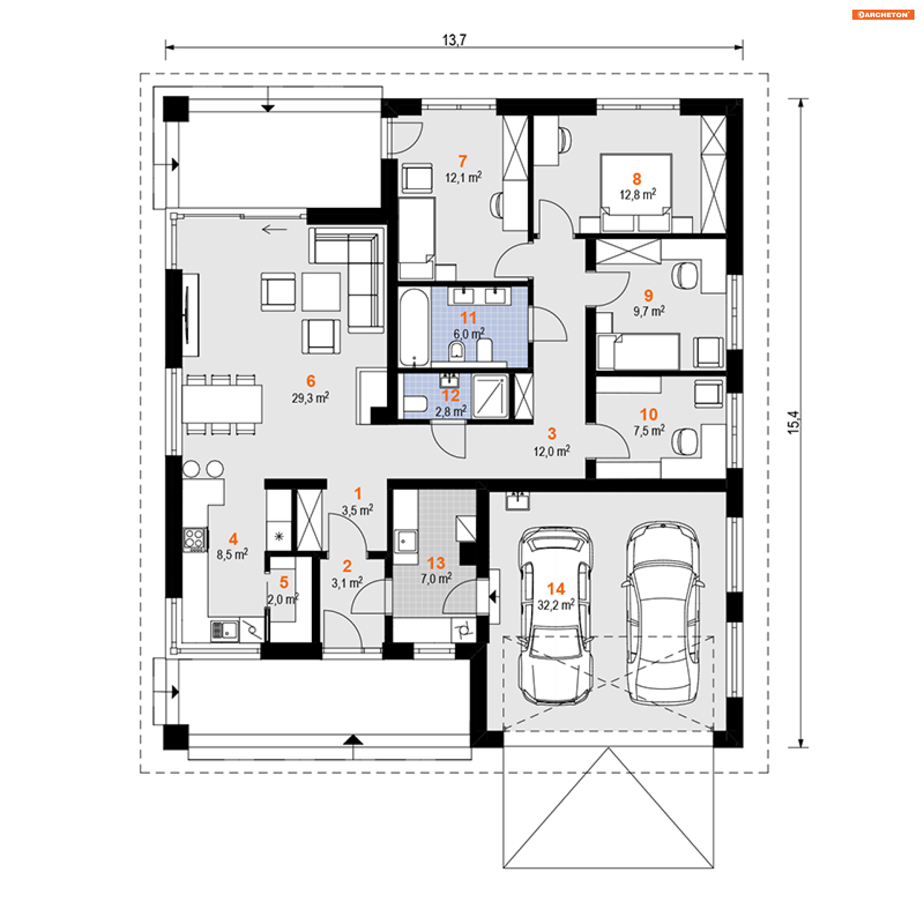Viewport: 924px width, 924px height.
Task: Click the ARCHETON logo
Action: click(883, 14)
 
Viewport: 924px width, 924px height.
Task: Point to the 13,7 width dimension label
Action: click(454, 39)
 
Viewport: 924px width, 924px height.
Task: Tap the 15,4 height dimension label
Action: click(793, 423)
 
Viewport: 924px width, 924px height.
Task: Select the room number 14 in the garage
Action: click(556, 589)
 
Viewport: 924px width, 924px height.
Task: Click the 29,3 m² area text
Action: click(310, 398)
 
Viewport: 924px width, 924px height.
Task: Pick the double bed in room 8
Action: click(636, 192)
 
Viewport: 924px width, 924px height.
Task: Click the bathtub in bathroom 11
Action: click(414, 327)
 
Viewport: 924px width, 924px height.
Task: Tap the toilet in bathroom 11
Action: click(456, 351)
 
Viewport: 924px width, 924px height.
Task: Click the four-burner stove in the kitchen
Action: click(195, 539)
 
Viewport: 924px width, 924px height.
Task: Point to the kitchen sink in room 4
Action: click(224, 630)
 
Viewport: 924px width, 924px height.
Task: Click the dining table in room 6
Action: click(222, 404)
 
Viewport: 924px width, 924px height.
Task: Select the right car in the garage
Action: click(663, 613)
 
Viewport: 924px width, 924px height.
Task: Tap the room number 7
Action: click(462, 161)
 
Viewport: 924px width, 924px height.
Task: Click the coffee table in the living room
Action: click(321, 292)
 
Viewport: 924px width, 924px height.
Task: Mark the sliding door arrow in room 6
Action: click(274, 229)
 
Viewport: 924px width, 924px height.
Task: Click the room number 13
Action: click(436, 563)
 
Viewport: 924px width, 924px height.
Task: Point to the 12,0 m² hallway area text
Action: click(552, 451)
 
